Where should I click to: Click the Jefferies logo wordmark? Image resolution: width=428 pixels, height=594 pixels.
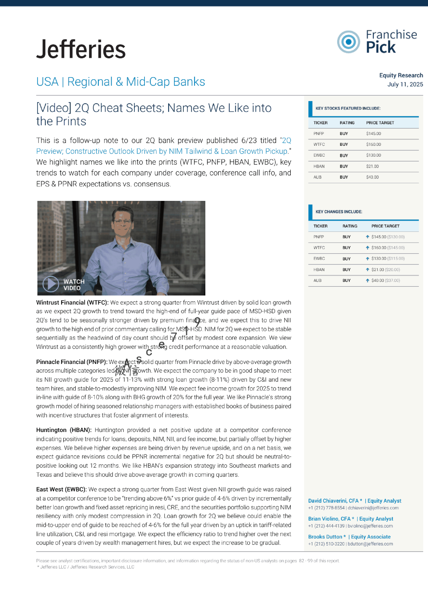(x=81, y=49)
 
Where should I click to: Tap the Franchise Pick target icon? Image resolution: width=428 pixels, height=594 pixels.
(x=348, y=42)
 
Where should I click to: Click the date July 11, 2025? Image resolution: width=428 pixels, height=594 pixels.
(x=405, y=84)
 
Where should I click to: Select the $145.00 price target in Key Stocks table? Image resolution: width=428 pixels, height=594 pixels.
(x=374, y=134)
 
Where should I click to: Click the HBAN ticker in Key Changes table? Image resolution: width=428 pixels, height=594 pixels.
(x=319, y=270)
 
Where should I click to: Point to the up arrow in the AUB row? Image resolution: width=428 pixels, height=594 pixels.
(x=367, y=280)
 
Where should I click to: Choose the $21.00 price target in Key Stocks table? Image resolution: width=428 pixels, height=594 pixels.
(x=373, y=166)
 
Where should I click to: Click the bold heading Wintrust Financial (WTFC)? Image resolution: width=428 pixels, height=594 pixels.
(x=72, y=302)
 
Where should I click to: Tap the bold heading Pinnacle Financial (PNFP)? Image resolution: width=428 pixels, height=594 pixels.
(x=72, y=362)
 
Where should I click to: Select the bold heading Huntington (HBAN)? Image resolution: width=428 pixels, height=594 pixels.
(x=64, y=430)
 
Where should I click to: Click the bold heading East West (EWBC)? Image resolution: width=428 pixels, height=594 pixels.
(x=61, y=489)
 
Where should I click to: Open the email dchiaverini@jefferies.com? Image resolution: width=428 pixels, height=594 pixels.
(x=373, y=508)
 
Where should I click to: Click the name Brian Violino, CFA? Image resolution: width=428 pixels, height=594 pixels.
(x=329, y=519)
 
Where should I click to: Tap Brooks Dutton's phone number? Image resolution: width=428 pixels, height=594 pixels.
(x=326, y=544)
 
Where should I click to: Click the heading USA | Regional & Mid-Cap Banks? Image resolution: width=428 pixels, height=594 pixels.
(x=121, y=82)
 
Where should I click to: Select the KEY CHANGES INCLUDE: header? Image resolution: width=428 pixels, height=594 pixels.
(x=339, y=212)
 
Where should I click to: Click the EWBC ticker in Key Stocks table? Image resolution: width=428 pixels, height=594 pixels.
(x=319, y=155)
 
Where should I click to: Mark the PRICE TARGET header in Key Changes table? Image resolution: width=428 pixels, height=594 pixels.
(x=385, y=226)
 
